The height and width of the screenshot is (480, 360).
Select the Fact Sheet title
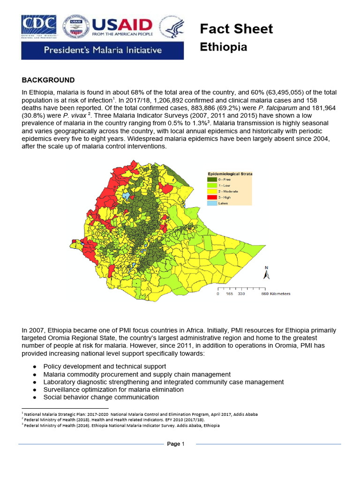pyautogui.click(x=236, y=29)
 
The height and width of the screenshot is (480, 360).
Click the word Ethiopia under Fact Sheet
pyautogui.click(x=224, y=47)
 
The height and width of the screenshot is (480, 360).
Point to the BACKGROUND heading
pyautogui.click(x=48, y=80)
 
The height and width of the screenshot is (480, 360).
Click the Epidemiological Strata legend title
pyautogui.click(x=230, y=174)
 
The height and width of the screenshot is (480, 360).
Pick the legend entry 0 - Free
pyautogui.click(x=225, y=180)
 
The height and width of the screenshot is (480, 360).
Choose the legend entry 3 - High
pyautogui.click(x=225, y=198)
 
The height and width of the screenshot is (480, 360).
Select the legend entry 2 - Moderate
pyautogui.click(x=228, y=192)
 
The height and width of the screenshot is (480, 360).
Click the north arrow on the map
pyautogui.click(x=266, y=274)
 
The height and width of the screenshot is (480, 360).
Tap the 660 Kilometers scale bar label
pyautogui.click(x=276, y=294)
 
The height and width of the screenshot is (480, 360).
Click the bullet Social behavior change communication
pyautogui.click(x=101, y=397)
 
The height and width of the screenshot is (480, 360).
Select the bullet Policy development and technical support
pyautogui.click(x=105, y=366)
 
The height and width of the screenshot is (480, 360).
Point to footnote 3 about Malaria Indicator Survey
pyautogui.click(x=122, y=426)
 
